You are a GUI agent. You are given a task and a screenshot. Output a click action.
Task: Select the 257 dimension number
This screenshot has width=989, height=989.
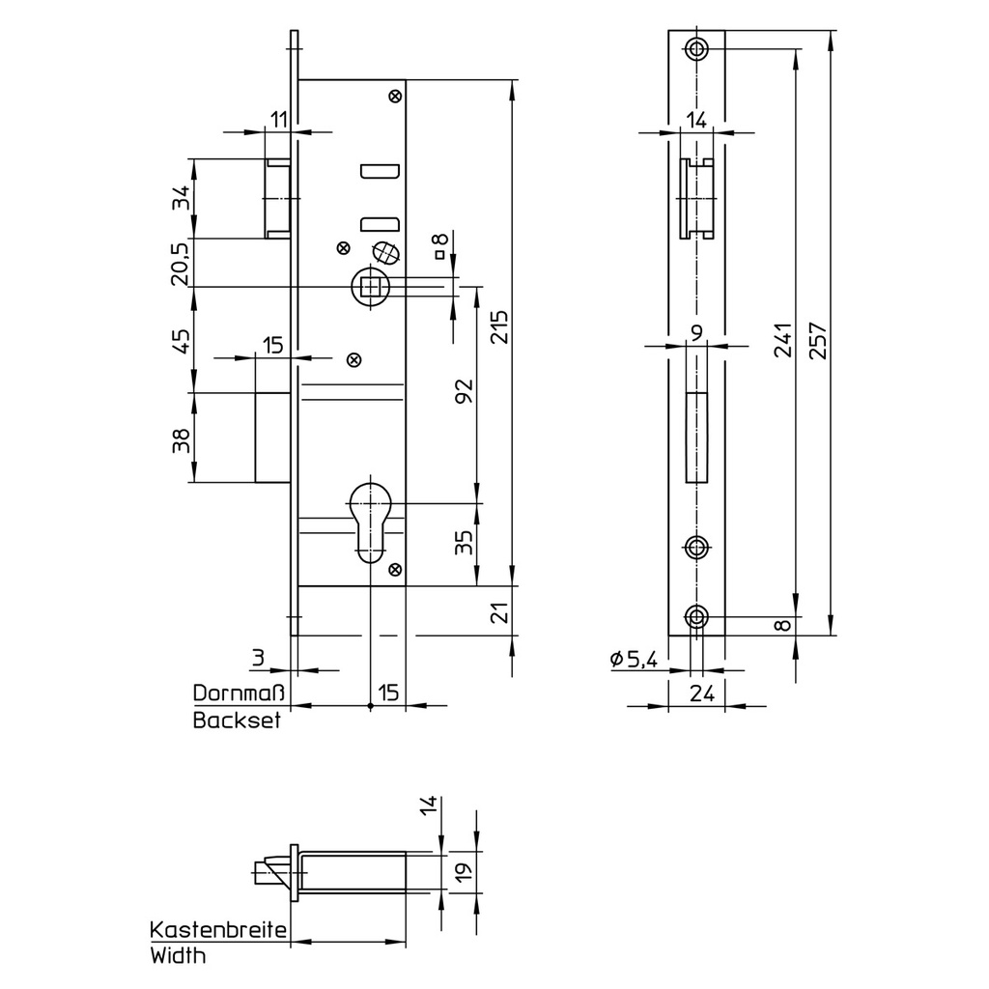818,340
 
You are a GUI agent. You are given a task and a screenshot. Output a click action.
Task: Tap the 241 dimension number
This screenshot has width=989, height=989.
783,340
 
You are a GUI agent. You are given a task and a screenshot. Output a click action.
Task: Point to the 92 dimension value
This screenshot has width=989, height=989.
465,392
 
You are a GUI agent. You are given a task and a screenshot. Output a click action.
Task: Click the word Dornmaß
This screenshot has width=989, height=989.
238,693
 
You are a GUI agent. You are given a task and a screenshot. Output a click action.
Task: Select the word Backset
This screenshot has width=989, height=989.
237,721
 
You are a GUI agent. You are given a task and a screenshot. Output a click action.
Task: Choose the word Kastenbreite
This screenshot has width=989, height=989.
218,930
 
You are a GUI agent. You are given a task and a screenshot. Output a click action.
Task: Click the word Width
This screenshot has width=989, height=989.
179,957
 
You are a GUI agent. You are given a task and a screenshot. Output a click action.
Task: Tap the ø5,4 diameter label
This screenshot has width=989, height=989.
634,660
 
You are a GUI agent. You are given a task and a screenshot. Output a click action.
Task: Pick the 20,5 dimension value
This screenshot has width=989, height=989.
181,264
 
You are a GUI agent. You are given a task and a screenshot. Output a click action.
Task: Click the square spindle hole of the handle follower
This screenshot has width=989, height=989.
371,287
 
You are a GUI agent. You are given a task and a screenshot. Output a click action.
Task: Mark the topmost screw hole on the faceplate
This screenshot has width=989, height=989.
696,48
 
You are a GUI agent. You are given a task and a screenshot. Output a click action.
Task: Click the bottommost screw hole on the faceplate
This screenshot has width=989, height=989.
696,617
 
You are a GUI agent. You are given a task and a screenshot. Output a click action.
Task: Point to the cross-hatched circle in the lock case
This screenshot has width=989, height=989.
385,252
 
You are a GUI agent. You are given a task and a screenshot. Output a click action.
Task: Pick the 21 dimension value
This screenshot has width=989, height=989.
497,611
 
